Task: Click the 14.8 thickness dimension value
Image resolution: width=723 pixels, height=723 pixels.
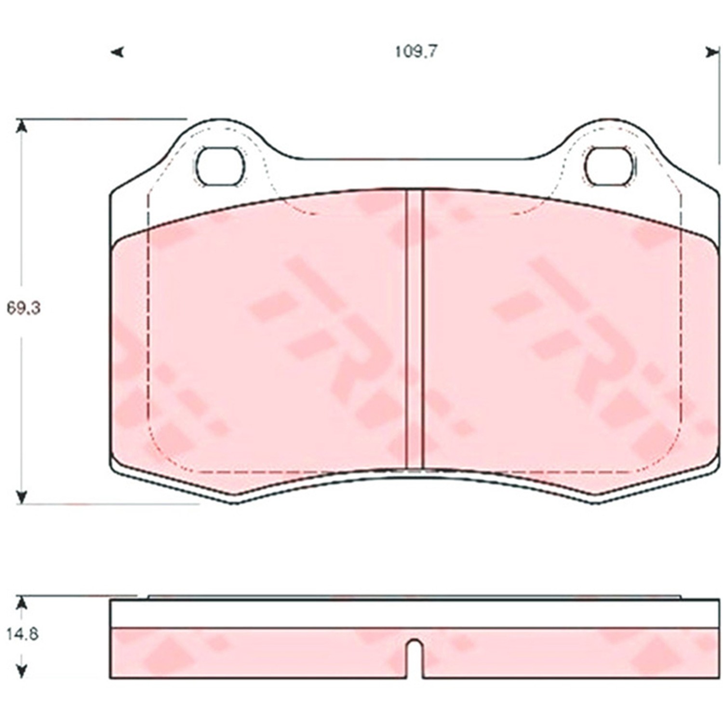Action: tap(22, 634)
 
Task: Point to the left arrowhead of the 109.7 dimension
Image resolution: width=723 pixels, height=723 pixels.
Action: tap(117, 52)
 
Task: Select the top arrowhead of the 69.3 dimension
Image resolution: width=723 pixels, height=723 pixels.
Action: tap(21, 126)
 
